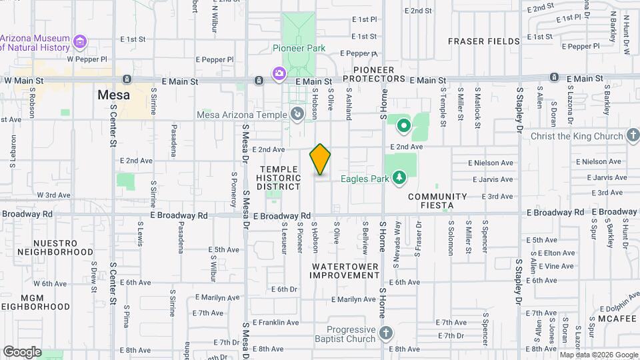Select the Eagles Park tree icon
(399, 177)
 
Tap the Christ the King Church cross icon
(633, 136)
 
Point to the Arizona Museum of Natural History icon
(80, 43)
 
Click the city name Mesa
(113, 95)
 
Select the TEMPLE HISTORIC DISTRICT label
(279, 178)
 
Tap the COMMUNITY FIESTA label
(437, 201)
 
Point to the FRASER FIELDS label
(483, 41)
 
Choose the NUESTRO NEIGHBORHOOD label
(55, 248)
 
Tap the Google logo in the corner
(22, 351)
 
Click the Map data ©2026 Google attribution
(599, 355)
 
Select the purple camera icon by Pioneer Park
(278, 72)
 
